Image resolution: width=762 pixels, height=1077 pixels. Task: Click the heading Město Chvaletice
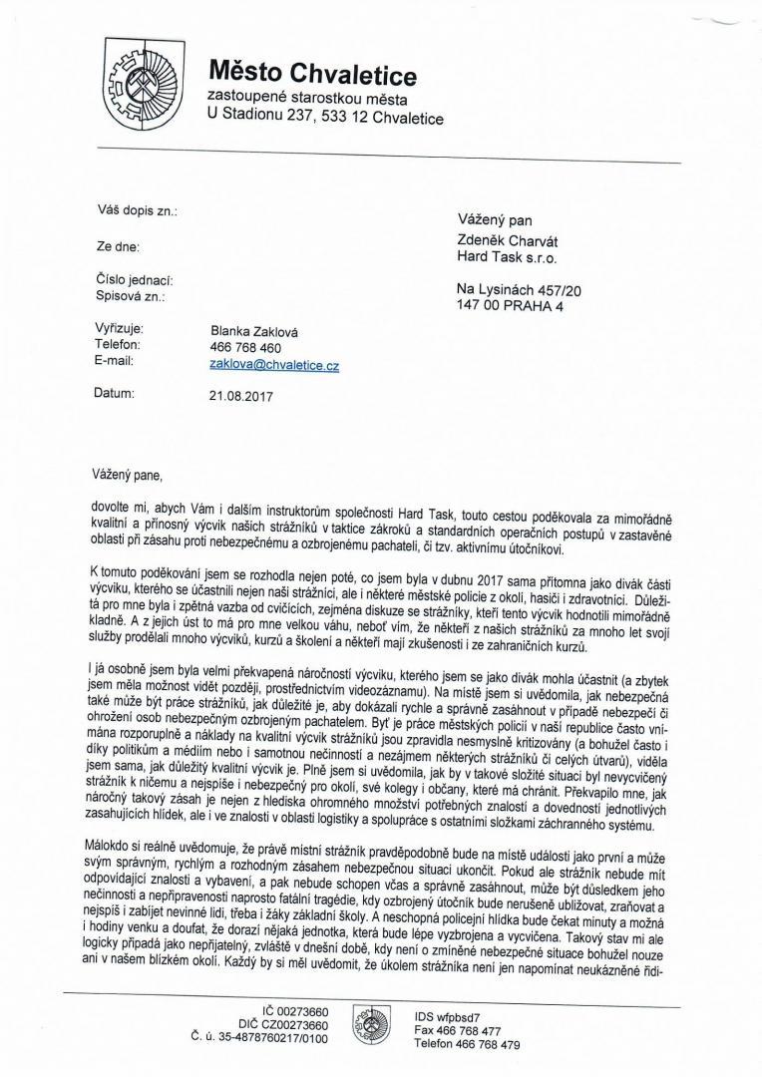click(312, 73)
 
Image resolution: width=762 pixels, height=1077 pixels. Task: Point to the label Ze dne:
click(119, 245)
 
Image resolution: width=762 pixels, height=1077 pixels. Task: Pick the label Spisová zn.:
click(131, 296)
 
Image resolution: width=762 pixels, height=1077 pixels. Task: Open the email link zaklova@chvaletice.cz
click(274, 365)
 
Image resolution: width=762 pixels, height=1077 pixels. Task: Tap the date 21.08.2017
click(241, 396)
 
